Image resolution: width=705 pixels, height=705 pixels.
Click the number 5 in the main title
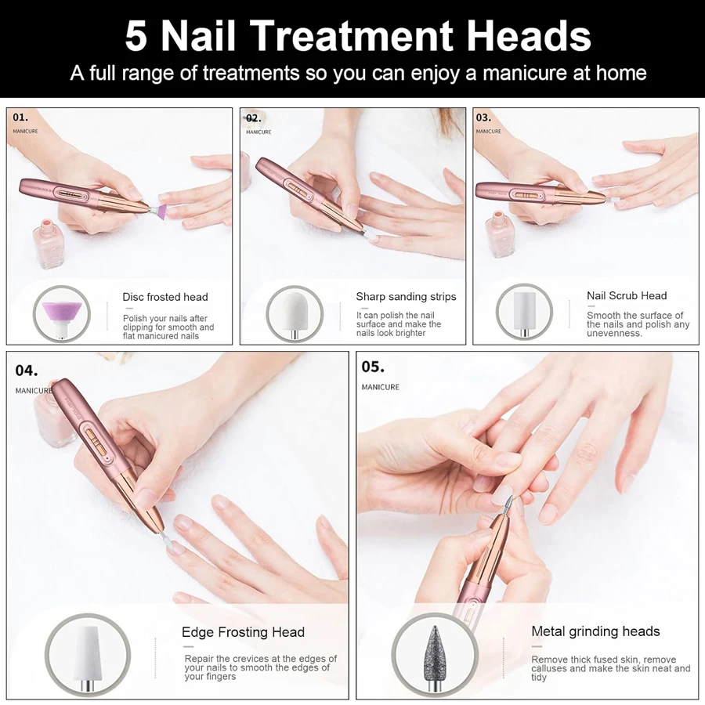[136, 36]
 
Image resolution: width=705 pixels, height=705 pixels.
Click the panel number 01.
[20, 117]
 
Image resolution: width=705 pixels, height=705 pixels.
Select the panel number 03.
[484, 117]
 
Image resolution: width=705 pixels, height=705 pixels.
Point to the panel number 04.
[27, 371]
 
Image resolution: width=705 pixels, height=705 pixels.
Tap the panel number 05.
[373, 367]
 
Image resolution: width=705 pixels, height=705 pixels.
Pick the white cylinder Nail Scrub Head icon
[524, 311]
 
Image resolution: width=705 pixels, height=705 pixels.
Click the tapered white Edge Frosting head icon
[88, 653]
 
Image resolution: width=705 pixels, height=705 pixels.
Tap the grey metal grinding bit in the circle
[435, 652]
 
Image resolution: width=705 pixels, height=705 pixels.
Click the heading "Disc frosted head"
[165, 297]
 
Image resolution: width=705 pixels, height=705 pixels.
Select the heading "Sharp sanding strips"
[406, 297]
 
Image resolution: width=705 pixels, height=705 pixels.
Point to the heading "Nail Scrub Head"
[627, 296]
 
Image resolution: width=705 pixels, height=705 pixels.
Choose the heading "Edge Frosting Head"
[244, 632]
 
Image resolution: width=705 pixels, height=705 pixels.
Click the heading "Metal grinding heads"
[595, 631]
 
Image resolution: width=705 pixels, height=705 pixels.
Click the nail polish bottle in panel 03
[499, 233]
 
